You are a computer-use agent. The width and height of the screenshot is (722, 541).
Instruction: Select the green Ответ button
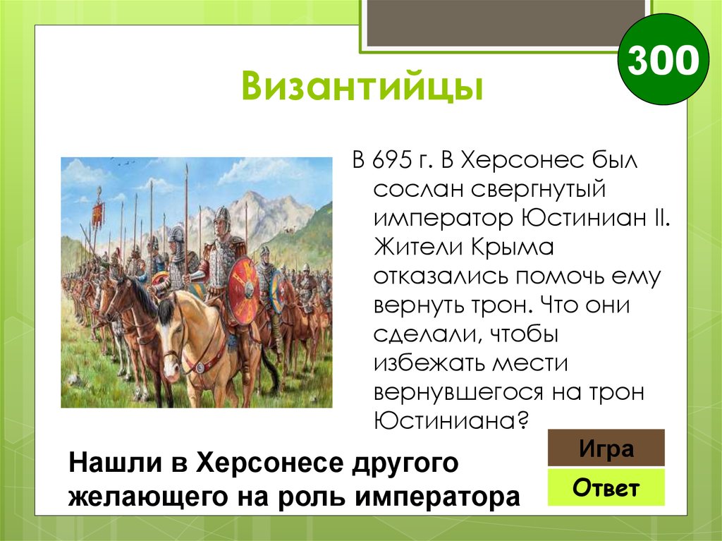coord(606,488)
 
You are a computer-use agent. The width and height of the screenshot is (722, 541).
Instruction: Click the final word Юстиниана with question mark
coord(451,421)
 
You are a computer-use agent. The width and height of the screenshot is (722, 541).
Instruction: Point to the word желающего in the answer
coord(136,495)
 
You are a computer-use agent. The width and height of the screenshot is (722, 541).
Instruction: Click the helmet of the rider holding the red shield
coord(221,216)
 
